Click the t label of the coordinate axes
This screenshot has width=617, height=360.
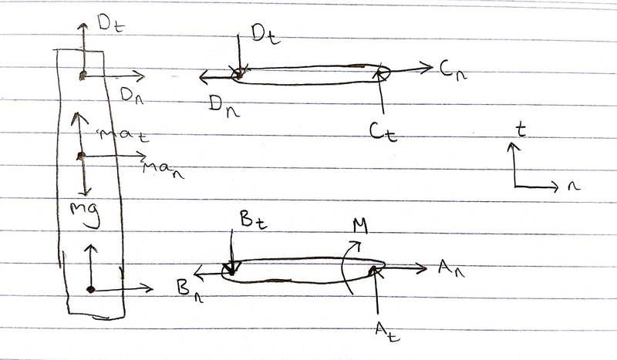pyautogui.click(x=521, y=131)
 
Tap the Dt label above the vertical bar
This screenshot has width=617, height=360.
pyautogui.click(x=110, y=22)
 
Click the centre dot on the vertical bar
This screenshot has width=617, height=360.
pyautogui.click(x=81, y=157)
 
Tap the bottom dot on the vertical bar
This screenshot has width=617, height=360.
pyautogui.click(x=90, y=290)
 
